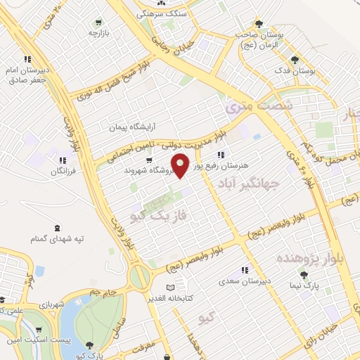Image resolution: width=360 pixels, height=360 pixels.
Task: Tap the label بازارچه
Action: [x=96, y=33]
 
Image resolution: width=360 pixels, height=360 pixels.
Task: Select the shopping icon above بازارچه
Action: [x=96, y=21]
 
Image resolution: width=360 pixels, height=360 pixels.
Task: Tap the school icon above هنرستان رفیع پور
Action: [x=221, y=155]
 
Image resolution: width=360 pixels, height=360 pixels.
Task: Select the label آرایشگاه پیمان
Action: [x=131, y=128]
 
